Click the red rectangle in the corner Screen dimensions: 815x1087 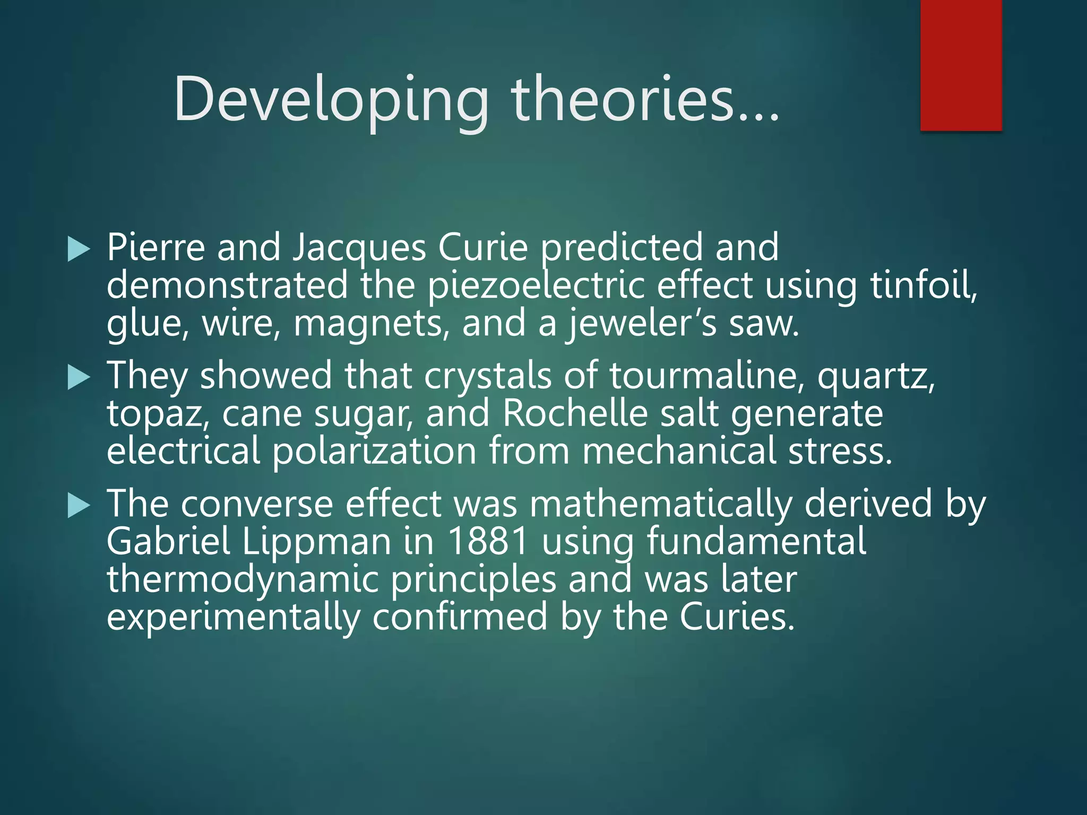[961, 65]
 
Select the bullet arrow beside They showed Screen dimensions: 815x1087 [79, 378]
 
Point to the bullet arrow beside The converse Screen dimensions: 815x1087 [79, 506]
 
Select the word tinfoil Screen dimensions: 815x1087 [924, 285]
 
